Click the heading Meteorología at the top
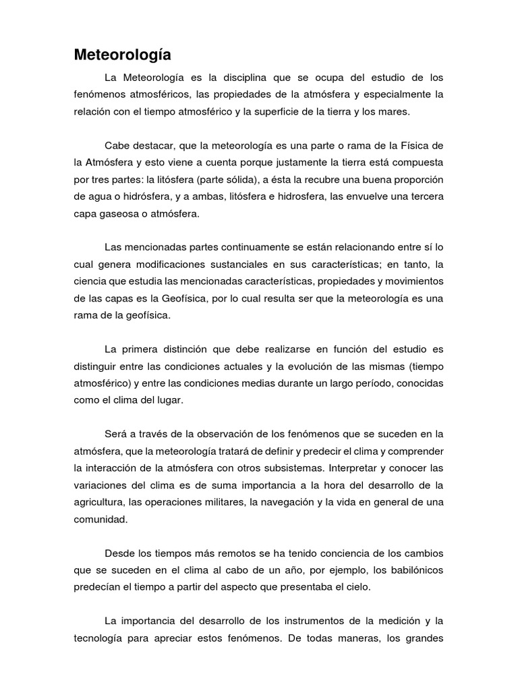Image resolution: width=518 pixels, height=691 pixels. point(123,55)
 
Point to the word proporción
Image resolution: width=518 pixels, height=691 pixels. point(412,179)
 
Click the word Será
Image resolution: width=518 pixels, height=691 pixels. point(116,433)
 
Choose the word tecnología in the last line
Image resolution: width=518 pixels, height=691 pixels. point(101,637)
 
